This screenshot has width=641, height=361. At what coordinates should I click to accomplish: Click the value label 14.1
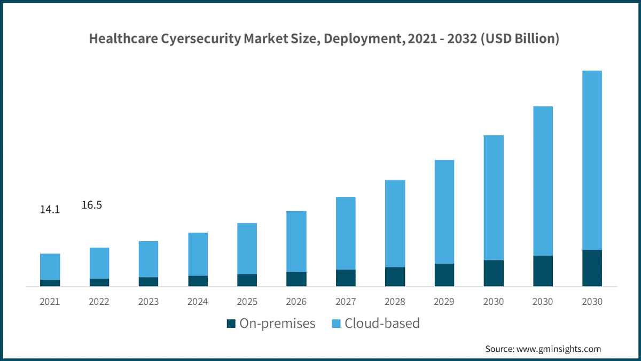(x=50, y=210)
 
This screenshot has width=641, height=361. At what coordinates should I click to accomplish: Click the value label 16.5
(x=91, y=205)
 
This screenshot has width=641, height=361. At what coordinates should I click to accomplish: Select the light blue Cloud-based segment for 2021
(x=50, y=266)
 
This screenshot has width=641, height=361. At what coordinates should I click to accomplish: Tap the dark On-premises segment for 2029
(x=444, y=275)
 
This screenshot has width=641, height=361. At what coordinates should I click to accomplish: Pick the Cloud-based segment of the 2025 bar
(x=247, y=249)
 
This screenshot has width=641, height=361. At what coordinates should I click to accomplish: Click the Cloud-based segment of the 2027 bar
(x=346, y=233)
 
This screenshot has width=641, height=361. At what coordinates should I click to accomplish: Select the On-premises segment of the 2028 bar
(x=395, y=276)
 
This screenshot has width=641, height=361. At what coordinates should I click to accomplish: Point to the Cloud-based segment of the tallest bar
(x=592, y=160)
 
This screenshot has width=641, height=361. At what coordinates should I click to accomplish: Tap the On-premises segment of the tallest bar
(x=592, y=268)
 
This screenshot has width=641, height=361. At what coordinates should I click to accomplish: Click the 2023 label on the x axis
(x=148, y=302)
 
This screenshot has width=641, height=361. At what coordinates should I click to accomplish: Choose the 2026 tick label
(x=296, y=302)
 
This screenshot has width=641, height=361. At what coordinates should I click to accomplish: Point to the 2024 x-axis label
(x=197, y=302)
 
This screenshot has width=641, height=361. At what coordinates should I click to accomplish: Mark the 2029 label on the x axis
(x=444, y=302)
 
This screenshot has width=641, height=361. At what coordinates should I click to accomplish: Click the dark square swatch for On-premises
(x=231, y=324)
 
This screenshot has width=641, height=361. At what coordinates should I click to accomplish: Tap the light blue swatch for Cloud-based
(x=336, y=324)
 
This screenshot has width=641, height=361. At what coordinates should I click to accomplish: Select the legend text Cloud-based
(x=382, y=323)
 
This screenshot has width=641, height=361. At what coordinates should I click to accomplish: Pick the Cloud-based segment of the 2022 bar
(x=99, y=263)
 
